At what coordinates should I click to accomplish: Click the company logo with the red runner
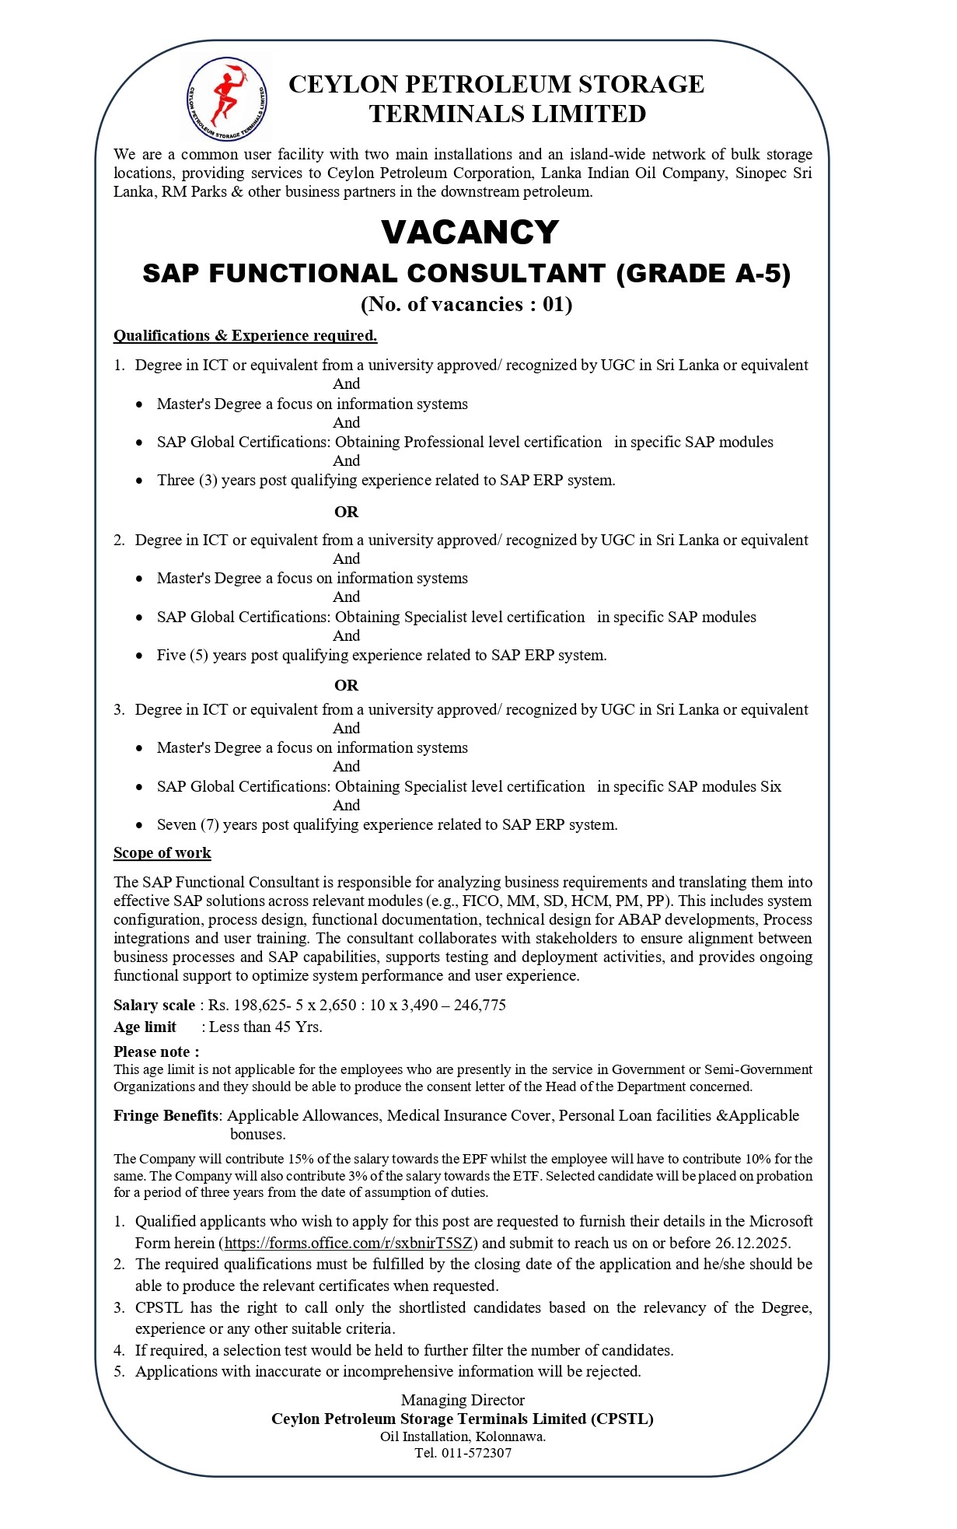tap(226, 99)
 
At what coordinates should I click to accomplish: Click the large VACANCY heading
tap(470, 232)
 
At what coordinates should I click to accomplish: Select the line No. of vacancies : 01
tap(466, 304)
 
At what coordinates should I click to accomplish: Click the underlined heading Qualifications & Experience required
tap(245, 336)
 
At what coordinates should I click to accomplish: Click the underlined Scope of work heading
tap(162, 853)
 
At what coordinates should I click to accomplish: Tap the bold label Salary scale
tap(154, 1006)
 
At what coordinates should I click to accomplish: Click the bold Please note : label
tap(156, 1052)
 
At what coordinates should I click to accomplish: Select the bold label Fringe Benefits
tap(166, 1116)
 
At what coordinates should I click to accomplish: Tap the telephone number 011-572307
tap(476, 1453)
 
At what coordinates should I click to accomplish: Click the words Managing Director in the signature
tap(463, 1401)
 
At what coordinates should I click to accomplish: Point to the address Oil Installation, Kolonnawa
tap(463, 1436)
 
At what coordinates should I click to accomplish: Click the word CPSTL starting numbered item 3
tap(159, 1308)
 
